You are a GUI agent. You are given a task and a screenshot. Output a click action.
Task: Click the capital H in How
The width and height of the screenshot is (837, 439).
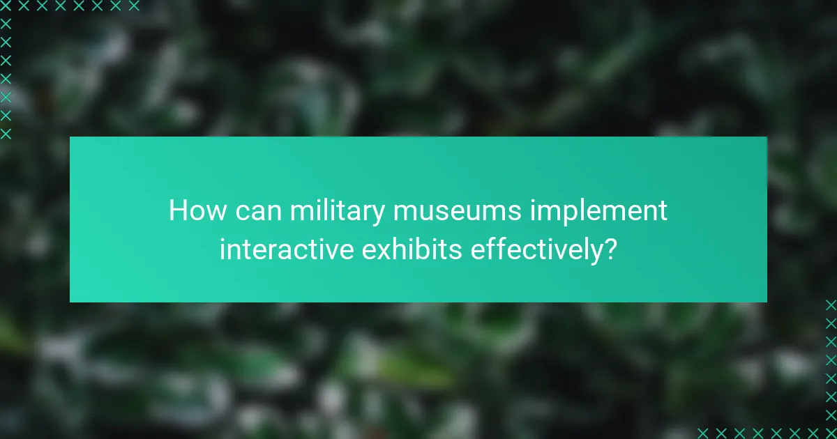[177, 210]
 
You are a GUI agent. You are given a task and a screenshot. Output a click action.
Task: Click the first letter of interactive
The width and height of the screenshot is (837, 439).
[223, 249]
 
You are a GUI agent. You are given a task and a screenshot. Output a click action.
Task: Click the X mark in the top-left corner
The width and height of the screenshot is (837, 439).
[6, 6]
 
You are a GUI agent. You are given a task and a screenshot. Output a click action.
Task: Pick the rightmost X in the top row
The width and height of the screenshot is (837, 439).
[134, 6]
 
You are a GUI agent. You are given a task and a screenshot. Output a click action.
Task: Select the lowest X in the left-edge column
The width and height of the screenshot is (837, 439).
[6, 133]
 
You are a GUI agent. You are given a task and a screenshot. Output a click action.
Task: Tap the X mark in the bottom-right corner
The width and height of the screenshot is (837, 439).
[831, 433]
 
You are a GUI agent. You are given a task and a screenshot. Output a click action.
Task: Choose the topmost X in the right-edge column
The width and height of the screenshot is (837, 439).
[831, 305]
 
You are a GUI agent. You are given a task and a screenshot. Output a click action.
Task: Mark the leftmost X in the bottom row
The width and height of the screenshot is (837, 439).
[703, 433]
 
